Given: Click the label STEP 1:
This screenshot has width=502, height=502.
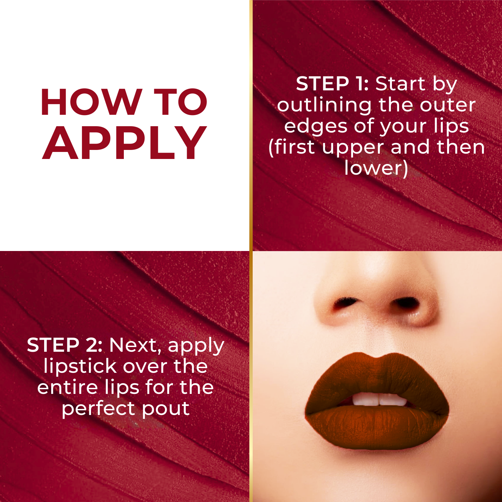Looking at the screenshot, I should pyautogui.click(x=332, y=84).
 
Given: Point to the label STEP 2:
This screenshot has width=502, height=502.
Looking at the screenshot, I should pyautogui.click(x=65, y=345).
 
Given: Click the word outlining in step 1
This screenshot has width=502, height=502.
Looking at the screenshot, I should pyautogui.click(x=324, y=105).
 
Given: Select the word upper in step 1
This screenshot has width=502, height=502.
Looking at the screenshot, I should pyautogui.click(x=353, y=147).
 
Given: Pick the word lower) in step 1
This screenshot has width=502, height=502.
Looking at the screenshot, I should pyautogui.click(x=376, y=168).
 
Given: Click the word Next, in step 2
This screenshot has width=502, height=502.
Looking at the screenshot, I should pyautogui.click(x=136, y=345).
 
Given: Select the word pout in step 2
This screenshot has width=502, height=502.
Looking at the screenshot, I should pyautogui.click(x=166, y=409).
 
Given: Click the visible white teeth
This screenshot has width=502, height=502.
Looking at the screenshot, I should pyautogui.click(x=379, y=399).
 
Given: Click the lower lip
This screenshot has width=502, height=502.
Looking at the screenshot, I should pyautogui.click(x=376, y=427).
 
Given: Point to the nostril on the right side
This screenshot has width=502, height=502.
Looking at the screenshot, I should pyautogui.click(x=406, y=302).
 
